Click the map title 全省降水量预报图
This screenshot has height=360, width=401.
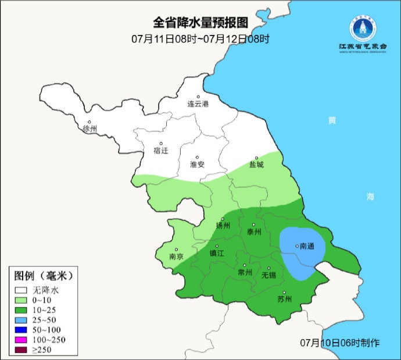pos(200,23)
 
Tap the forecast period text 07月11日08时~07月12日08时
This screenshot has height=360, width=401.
pos(200,39)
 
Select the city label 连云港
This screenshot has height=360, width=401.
pos(197,104)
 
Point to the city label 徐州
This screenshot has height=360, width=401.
pos(91,129)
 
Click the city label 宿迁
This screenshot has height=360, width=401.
pos(160,151)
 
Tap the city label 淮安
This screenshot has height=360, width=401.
pos(197,165)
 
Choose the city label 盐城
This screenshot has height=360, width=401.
pos(256,165)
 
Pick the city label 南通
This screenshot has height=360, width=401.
pos(306,246)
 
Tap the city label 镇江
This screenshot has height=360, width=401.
pos(217,254)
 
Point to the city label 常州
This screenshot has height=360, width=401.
pos(245,272)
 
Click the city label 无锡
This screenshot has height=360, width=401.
pos(268,275)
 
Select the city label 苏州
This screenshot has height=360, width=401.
pos(284,300)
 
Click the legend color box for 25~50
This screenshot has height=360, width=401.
pos(22,320)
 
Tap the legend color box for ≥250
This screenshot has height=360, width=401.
pos(22,350)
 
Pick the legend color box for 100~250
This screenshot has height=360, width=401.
pos(22,340)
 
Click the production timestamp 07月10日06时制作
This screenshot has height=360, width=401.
pos(341,342)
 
